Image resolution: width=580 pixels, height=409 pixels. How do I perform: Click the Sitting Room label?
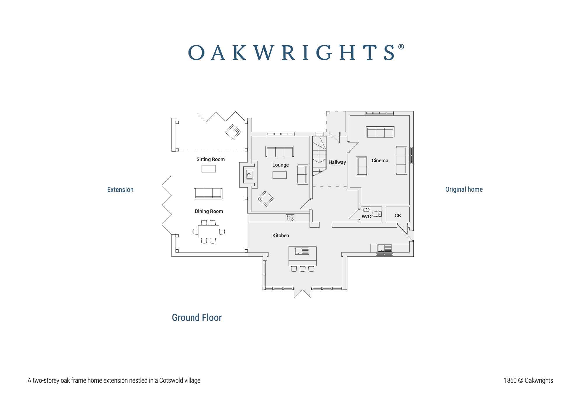210,159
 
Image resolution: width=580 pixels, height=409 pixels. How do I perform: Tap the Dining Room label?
209,211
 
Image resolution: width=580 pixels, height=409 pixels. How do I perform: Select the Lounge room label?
280,165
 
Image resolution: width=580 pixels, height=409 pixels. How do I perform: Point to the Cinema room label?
380,160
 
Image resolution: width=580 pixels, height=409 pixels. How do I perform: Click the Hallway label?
337,162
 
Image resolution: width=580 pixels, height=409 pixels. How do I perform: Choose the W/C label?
366,216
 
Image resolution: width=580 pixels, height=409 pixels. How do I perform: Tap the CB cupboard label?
398,216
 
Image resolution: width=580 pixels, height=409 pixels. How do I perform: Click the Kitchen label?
281,235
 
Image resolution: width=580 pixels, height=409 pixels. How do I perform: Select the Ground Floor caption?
197,317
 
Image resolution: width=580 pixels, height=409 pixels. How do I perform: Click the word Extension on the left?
120,190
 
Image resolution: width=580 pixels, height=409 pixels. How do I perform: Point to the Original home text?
464,189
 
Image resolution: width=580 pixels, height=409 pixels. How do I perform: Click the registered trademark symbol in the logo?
401,47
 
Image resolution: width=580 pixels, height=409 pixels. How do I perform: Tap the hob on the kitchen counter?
290,217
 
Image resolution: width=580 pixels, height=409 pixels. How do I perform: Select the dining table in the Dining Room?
209,232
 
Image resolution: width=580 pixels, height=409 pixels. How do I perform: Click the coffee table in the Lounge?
279,175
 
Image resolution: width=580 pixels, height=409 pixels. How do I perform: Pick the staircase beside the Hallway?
319,156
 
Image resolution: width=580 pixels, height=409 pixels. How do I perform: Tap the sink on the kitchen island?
299,251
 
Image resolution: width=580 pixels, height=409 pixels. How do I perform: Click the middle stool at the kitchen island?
303,269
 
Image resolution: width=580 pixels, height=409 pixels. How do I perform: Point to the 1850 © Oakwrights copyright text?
528,380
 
